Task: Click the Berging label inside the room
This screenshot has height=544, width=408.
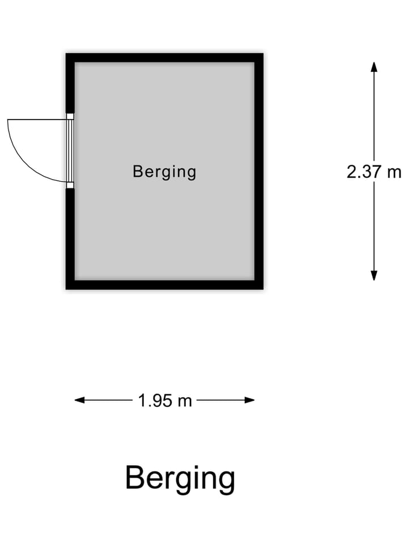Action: click(x=164, y=172)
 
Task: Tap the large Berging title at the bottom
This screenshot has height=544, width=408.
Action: click(x=180, y=479)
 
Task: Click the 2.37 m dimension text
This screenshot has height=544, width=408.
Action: click(x=374, y=172)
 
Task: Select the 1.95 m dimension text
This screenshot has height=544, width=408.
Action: click(x=165, y=401)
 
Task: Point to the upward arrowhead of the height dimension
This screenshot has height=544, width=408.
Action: click(x=374, y=67)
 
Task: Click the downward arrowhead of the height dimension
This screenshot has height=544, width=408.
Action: click(x=374, y=276)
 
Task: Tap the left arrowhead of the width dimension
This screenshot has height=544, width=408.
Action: click(x=79, y=401)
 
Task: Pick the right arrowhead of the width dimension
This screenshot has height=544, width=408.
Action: click(x=249, y=401)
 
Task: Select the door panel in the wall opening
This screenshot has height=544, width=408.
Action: click(x=70, y=151)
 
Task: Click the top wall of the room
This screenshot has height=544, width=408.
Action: click(x=164, y=58)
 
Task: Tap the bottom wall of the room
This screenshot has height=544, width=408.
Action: click(x=164, y=285)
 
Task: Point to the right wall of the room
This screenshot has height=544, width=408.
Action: click(x=259, y=171)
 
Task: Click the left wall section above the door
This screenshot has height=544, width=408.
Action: click(x=70, y=83)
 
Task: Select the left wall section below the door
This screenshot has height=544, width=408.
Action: click(x=70, y=239)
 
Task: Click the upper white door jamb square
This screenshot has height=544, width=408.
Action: click(x=70, y=117)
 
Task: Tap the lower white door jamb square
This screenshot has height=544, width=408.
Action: click(x=70, y=185)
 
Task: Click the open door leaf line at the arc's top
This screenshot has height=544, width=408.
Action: click(x=37, y=120)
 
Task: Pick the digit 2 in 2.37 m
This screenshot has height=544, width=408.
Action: click(x=351, y=172)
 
